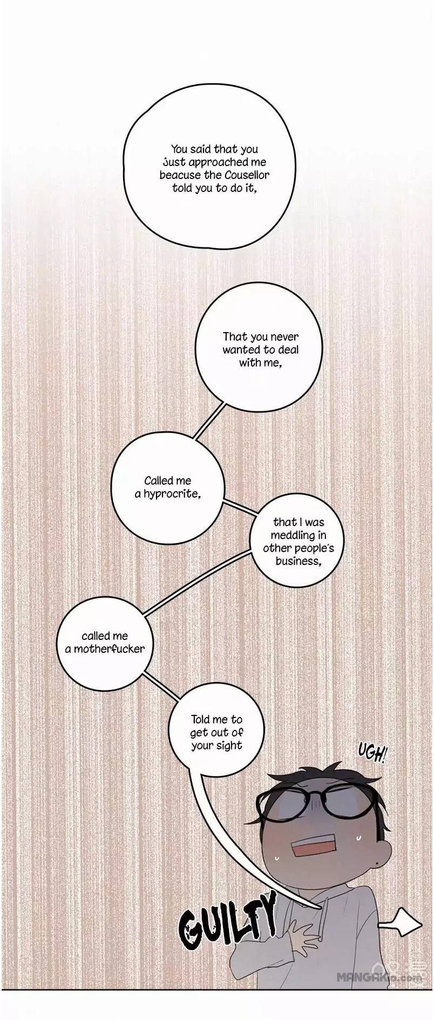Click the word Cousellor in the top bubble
click(x=246, y=175)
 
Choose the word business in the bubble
click(x=298, y=561)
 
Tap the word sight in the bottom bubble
click(x=229, y=746)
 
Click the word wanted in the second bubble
click(x=241, y=350)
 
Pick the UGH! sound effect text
click(x=372, y=753)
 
